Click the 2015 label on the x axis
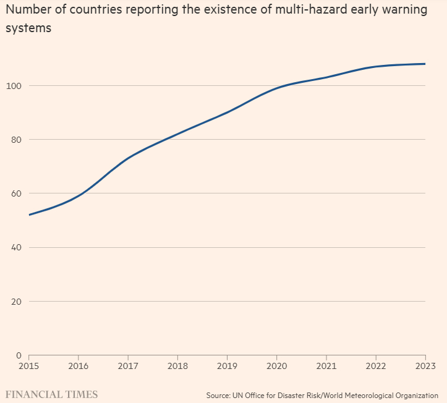click(29, 365)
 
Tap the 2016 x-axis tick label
click(79, 365)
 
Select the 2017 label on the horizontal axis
click(128, 365)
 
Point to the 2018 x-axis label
click(177, 365)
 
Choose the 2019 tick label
click(227, 365)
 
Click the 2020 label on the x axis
click(276, 365)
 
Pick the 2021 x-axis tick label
click(326, 365)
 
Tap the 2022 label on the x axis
click(375, 365)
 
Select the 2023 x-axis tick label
click(425, 365)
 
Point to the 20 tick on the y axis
click(17, 302)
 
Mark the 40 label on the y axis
click(17, 247)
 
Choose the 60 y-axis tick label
click(17, 193)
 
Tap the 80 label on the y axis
click(17, 139)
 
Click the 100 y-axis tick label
click(15, 85)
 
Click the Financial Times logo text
click(51, 394)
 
